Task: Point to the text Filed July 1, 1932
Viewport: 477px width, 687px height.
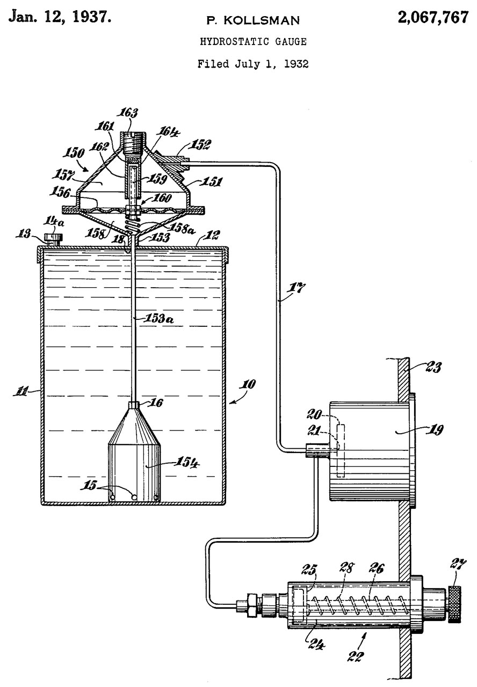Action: [x=252, y=64]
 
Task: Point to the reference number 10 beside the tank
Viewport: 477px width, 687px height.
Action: [x=249, y=385]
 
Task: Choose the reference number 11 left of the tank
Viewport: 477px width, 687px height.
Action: [x=23, y=393]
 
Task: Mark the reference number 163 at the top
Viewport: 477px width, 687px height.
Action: [x=129, y=113]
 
